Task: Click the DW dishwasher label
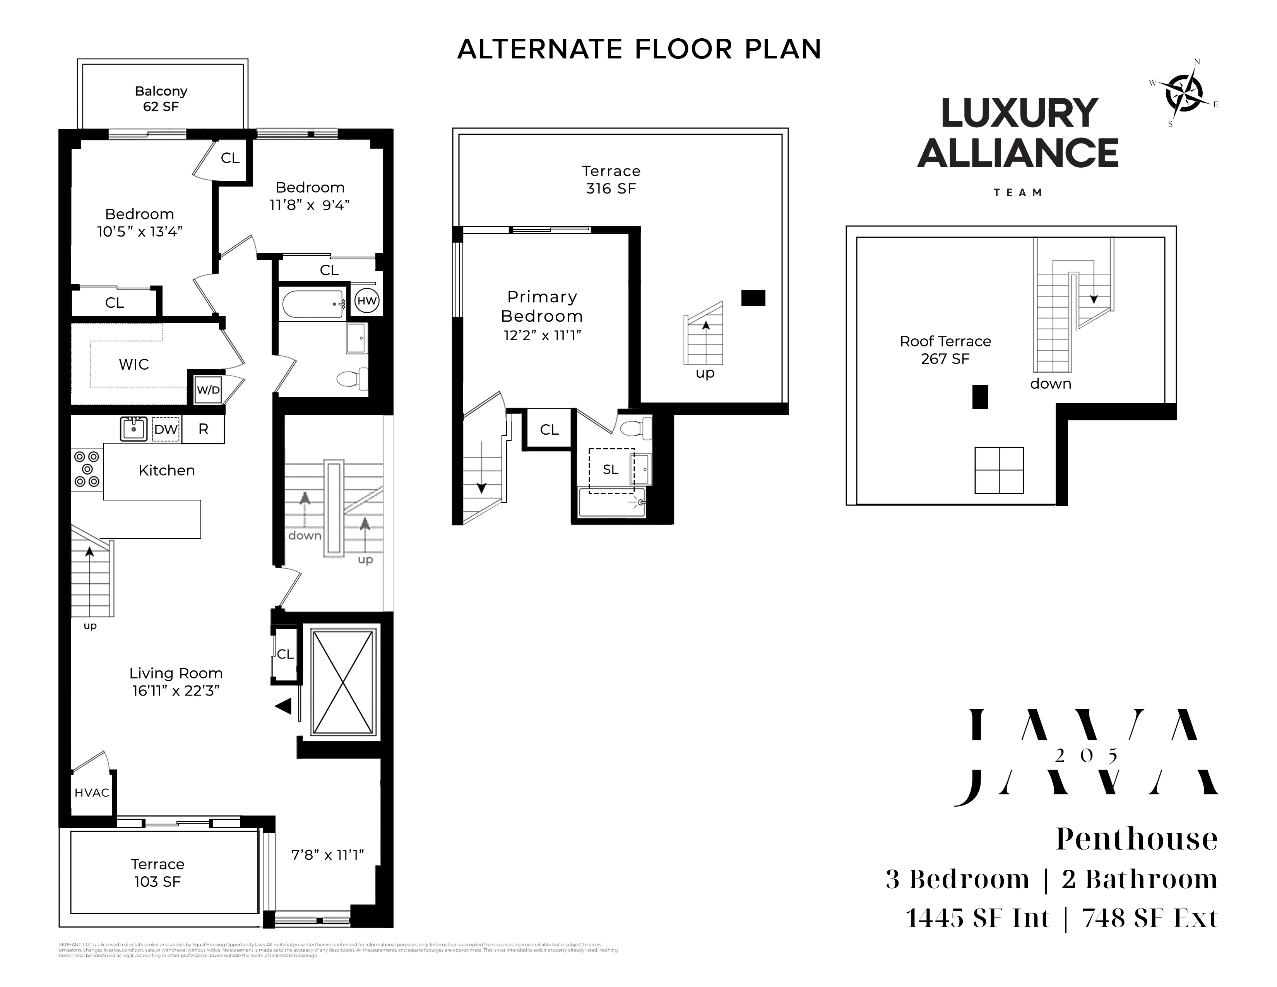(x=166, y=429)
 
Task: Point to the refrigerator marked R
(x=203, y=429)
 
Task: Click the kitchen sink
(x=134, y=428)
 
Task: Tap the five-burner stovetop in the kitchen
(x=87, y=469)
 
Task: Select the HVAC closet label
(x=92, y=793)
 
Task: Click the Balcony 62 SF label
(x=161, y=99)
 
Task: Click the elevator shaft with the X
(x=342, y=682)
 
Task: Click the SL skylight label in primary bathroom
(x=610, y=470)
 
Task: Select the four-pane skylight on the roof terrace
(x=999, y=470)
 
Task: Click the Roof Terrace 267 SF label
(x=945, y=350)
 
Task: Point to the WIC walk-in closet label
(x=134, y=364)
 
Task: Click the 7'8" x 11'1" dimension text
(x=327, y=855)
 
